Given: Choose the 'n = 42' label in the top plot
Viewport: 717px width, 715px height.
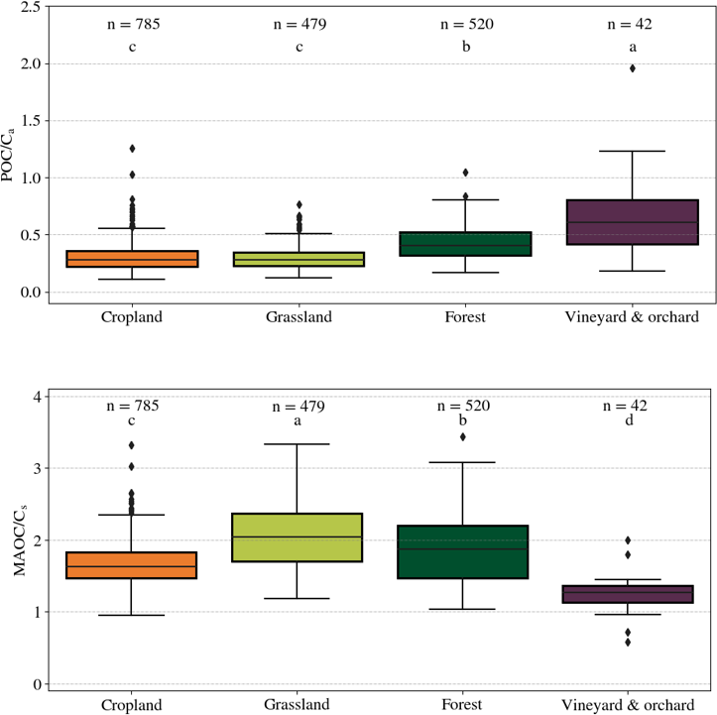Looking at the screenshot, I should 632,24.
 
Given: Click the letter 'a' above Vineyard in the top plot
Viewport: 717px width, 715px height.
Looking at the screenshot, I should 632,46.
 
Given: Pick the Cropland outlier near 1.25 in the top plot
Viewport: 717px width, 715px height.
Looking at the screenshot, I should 131,149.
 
